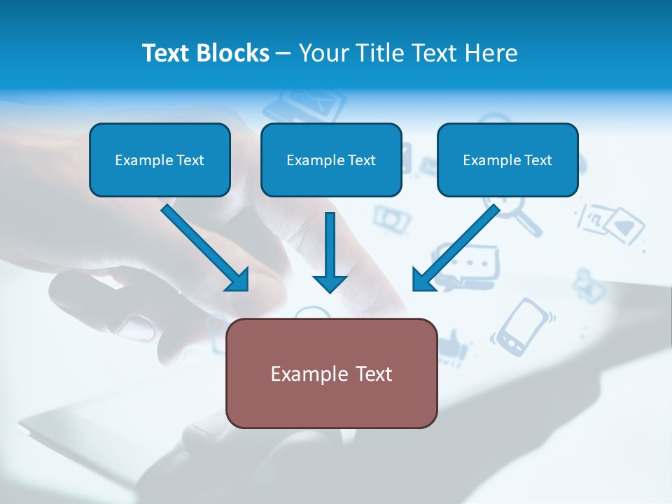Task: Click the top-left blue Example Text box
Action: click(x=160, y=160)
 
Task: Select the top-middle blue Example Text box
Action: click(x=331, y=160)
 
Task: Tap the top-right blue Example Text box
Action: click(x=507, y=160)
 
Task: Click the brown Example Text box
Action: click(x=332, y=374)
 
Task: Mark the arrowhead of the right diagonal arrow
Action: click(x=424, y=279)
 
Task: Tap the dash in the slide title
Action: click(x=284, y=53)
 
